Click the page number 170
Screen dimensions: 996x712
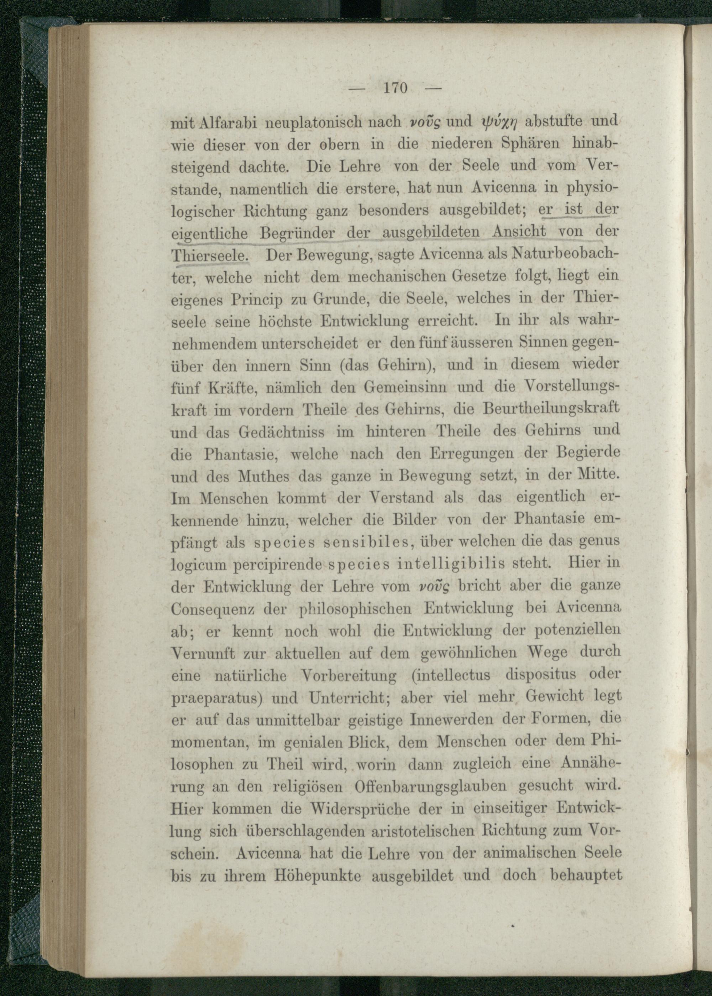coord(395,88)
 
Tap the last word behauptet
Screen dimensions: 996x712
coord(586,875)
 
